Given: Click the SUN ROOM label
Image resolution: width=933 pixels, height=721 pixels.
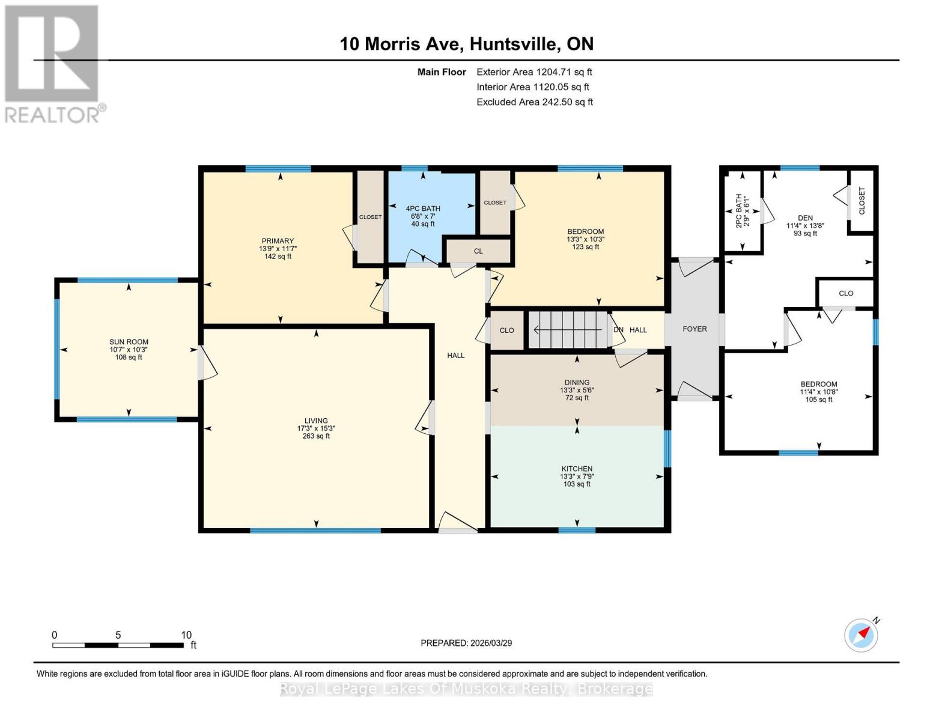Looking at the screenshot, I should tap(129, 342).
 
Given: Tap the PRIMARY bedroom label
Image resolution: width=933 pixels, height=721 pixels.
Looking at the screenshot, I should tap(278, 241).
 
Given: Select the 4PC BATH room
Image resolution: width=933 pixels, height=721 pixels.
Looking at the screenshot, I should tap(423, 216).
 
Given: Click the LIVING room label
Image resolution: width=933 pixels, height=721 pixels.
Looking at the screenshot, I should tap(316, 421).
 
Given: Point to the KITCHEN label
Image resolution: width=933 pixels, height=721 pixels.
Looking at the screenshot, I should tap(577, 469).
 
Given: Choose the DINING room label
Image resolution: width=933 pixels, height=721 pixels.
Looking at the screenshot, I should tap(577, 382).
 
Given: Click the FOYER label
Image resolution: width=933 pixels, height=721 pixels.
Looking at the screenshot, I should tap(694, 329).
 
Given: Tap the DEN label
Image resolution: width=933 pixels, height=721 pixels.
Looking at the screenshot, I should tap(805, 218).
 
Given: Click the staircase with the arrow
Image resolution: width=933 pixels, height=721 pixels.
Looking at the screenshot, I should tap(568, 330).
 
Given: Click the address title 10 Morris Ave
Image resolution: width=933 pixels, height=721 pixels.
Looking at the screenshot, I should tap(466, 44).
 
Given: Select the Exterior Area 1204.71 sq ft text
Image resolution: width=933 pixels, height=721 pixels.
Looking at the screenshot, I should tap(534, 72).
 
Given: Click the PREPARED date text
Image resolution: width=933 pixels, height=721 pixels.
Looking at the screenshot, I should tap(466, 643).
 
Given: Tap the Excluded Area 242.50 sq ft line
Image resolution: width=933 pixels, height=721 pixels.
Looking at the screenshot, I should tap(534, 102).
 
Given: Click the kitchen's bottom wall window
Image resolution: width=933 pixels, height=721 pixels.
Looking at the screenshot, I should tap(577, 530).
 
